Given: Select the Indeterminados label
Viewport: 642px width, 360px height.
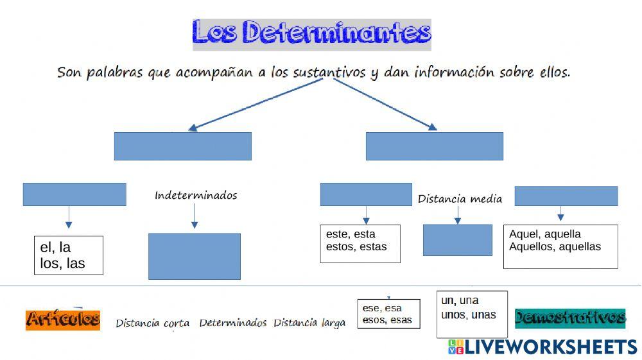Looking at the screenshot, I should click(196, 195).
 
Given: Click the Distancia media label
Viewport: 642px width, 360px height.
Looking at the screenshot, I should click(460, 199).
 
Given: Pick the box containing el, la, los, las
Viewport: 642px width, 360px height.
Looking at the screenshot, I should click(68, 255).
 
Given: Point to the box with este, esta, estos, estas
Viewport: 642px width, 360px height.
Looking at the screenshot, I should click(360, 243).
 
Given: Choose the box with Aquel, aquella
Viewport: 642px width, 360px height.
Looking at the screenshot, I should click(560, 246).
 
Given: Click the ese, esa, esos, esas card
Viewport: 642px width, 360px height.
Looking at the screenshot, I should click(388, 314).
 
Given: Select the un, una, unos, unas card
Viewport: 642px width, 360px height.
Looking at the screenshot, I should click(472, 314).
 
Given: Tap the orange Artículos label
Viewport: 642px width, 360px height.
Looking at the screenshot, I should click(63, 320).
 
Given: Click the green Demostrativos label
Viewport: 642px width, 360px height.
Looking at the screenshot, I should click(570, 318).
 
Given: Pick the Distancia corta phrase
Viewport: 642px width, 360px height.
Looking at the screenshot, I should click(153, 323).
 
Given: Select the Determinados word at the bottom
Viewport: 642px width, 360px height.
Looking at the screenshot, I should click(232, 323).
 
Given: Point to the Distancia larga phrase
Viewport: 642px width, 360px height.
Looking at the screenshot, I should click(309, 323).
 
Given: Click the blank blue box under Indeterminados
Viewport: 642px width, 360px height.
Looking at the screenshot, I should click(195, 256).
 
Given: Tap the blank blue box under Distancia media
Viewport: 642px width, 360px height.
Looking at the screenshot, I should click(458, 240).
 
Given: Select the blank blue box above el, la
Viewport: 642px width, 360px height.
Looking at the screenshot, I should click(74, 194).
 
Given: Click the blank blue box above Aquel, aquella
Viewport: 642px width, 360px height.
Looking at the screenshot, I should click(566, 196).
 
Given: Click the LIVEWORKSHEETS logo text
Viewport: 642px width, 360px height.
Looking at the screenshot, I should click(550, 347).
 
